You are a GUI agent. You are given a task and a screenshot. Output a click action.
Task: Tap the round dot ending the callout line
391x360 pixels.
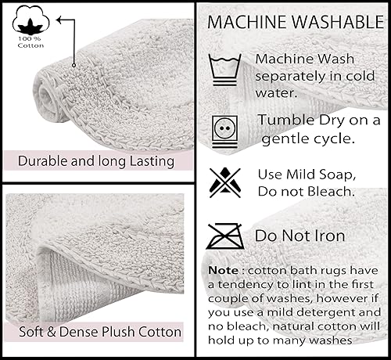click(74, 66)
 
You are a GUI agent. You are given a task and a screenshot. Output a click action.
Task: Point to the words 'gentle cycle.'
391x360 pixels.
click(308, 138)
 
